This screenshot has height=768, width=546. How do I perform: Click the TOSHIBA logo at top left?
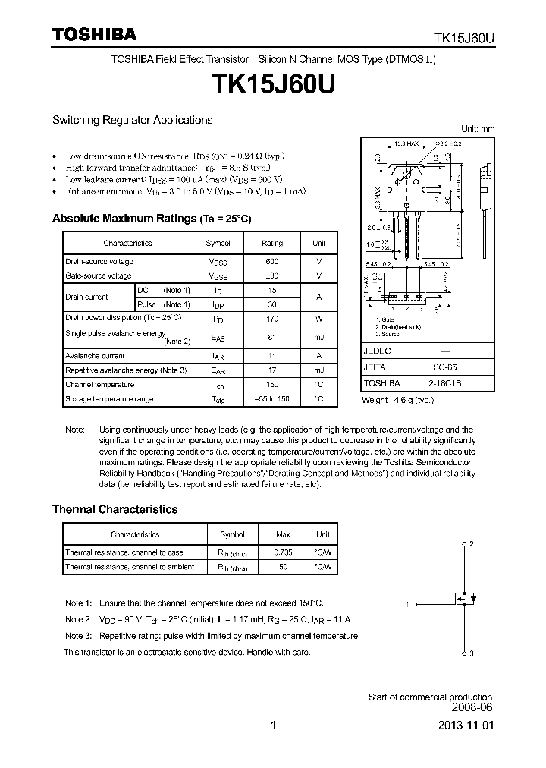click(94, 35)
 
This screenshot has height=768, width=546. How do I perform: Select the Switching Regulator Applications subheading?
click(132, 120)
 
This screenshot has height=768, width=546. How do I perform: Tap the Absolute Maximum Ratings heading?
click(151, 219)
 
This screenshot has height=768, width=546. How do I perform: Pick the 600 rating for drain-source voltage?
click(272, 261)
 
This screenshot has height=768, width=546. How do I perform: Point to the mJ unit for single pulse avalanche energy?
click(318, 338)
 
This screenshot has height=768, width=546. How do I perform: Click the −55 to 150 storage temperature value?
click(272, 398)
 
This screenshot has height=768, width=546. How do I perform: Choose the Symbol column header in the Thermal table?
click(232, 534)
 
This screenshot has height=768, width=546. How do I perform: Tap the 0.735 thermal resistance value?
click(282, 552)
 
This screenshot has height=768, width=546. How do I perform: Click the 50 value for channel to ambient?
click(282, 567)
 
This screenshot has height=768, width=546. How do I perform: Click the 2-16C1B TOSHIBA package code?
click(453, 383)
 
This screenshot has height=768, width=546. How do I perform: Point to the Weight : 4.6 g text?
click(397, 399)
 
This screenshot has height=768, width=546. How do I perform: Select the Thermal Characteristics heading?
click(115, 509)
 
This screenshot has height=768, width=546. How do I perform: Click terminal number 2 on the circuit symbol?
click(471, 544)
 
